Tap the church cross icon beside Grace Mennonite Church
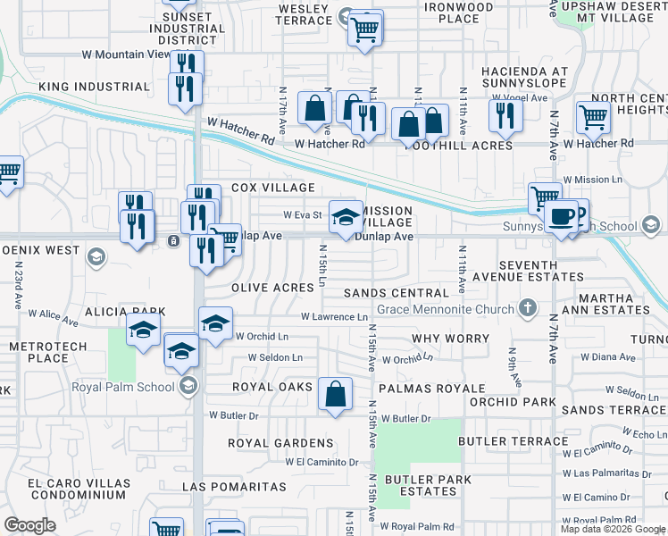click(528, 309)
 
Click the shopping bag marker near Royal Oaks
click(335, 393)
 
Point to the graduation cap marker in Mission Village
click(347, 216)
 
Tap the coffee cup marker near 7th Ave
click(561, 216)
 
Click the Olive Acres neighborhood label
click(272, 288)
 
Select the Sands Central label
click(396, 293)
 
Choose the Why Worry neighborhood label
click(451, 339)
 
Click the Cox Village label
click(273, 188)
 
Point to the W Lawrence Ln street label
click(334, 317)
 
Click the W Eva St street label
click(302, 214)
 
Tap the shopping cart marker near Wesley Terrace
click(364, 29)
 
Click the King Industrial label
click(94, 87)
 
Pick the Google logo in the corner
click(29, 525)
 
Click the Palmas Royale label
click(430, 389)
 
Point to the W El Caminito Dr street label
click(321, 462)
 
